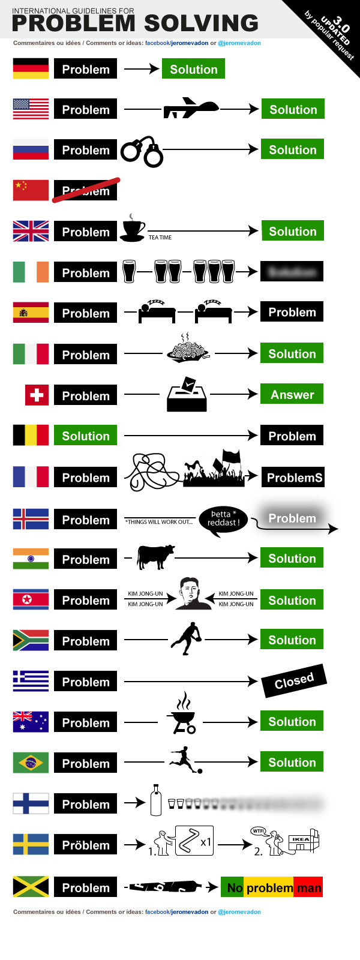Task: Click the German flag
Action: [x=31, y=68]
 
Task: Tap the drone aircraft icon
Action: [x=190, y=109]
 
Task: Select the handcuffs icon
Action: [x=142, y=152]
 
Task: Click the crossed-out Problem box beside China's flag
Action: [x=86, y=191]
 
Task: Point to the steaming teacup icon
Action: [x=133, y=229]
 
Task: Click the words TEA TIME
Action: [x=160, y=238]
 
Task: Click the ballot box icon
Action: [x=187, y=395]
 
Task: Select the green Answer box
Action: [x=292, y=394]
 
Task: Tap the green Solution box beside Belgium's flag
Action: [x=86, y=436]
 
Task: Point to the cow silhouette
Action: [x=155, y=556]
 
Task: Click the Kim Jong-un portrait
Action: [x=192, y=594]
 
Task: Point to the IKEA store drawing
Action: [x=304, y=842]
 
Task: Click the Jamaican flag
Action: [x=31, y=886]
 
